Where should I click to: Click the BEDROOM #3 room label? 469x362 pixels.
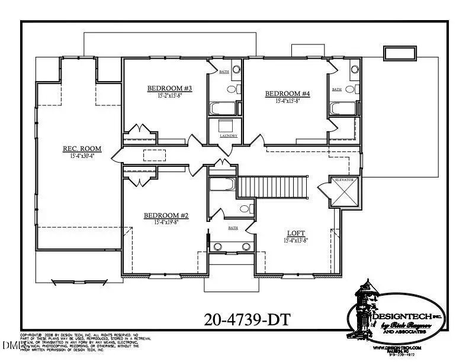165,89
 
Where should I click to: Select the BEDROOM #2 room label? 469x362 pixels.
166,216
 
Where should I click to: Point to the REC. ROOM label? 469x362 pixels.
82,148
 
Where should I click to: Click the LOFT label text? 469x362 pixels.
296,233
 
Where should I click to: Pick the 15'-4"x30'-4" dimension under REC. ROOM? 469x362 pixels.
82,156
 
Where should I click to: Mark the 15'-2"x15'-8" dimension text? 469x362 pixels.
165,96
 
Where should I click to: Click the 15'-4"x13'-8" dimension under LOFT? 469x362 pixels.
296,241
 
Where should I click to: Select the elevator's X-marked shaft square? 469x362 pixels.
345,195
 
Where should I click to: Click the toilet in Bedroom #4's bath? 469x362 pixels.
354,89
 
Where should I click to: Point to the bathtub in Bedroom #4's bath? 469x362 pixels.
343,108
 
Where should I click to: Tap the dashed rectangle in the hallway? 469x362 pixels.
155,154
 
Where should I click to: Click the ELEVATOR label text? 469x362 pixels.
345,179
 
